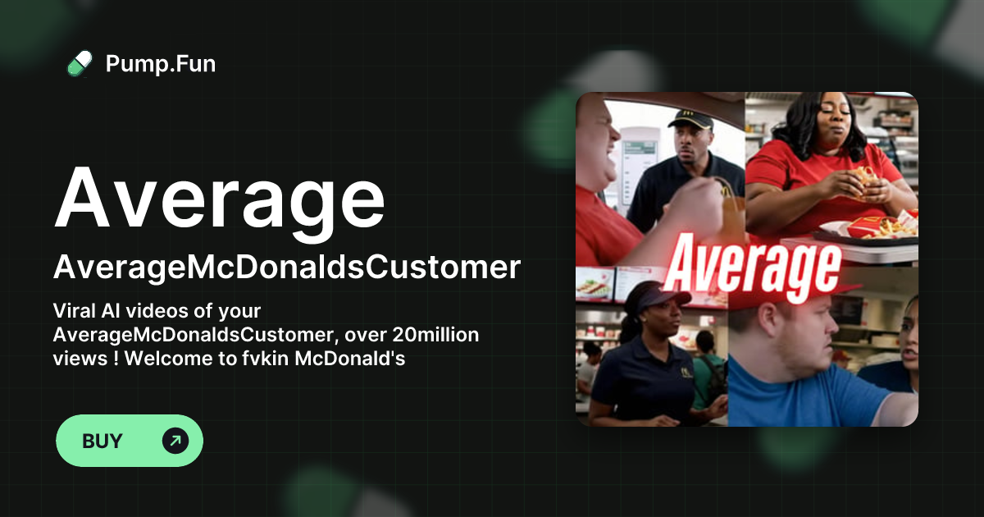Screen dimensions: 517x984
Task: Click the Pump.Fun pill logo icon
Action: pyautogui.click(x=80, y=63)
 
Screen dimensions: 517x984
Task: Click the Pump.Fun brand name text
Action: pyautogui.click(x=161, y=63)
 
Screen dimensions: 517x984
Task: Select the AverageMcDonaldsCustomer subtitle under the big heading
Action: pyautogui.click(x=287, y=268)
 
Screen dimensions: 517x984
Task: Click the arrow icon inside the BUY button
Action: pyautogui.click(x=175, y=441)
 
